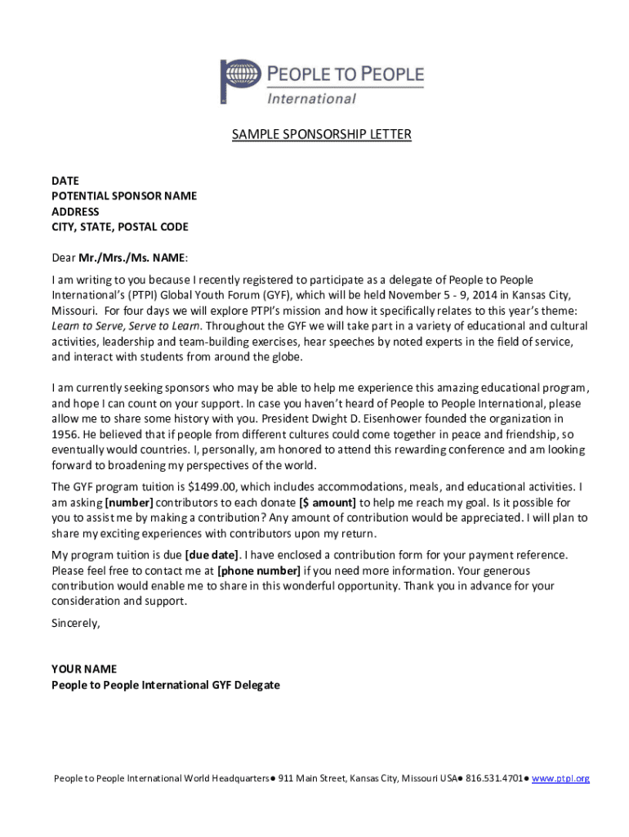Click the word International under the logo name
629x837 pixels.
tap(312, 99)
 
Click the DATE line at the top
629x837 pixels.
tap(65, 181)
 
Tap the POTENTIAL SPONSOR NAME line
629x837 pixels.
tap(124, 196)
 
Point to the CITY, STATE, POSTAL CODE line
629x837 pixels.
tap(120, 227)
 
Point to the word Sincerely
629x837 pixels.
tap(75, 623)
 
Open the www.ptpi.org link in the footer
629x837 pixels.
tap(560, 779)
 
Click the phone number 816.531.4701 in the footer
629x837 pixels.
tap(494, 779)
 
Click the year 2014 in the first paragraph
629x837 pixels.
tap(466, 295)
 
